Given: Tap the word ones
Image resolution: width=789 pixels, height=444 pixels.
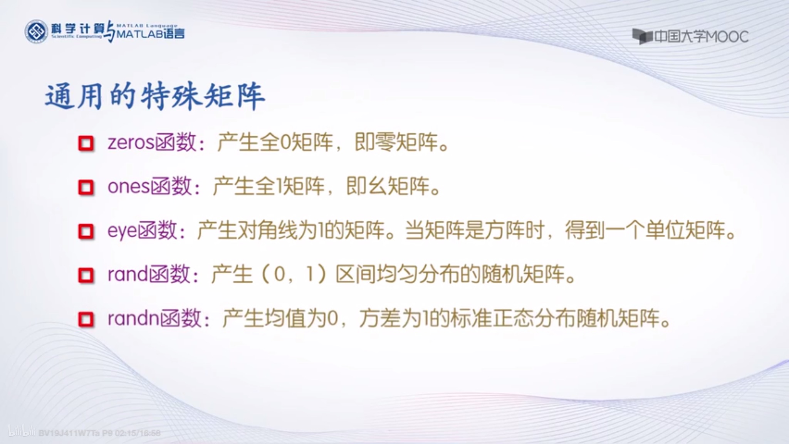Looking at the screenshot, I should coord(128,187).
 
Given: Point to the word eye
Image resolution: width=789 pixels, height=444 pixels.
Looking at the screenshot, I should coord(122,230).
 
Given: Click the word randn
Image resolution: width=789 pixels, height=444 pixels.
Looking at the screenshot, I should coord(133,319).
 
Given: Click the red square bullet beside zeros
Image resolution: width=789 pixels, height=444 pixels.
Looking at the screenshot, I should coord(86,143).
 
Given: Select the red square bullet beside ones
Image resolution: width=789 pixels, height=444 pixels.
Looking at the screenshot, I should coord(86,187).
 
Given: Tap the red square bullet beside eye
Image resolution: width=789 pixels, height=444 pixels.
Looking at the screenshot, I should coord(86,231).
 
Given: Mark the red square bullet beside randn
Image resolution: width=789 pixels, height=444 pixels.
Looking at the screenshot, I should coord(86,320).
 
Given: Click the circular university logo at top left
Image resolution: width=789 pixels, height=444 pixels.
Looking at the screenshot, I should coord(36,31).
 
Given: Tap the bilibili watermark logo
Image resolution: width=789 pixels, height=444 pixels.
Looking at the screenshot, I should coord(22,432).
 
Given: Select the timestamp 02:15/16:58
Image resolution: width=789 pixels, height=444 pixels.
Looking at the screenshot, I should coord(138,433).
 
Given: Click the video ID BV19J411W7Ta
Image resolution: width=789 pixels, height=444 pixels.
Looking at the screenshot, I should coord(69,433).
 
